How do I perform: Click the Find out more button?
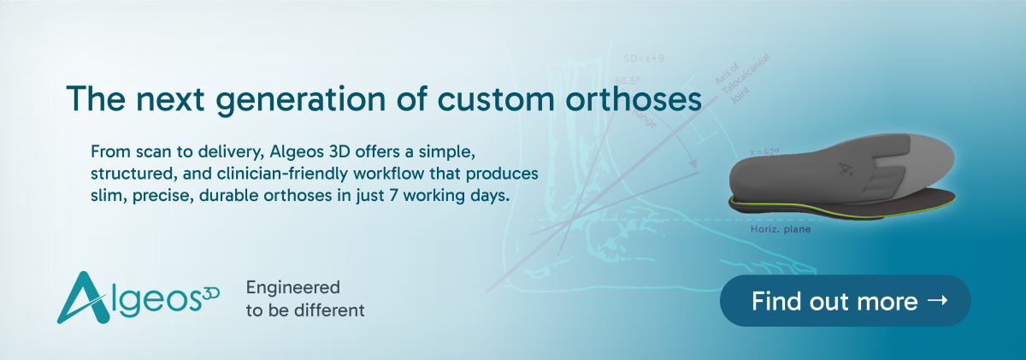(845, 300)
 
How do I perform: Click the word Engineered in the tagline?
(292, 288)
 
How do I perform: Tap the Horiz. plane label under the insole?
(775, 229)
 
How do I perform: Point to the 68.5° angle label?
(629, 79)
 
